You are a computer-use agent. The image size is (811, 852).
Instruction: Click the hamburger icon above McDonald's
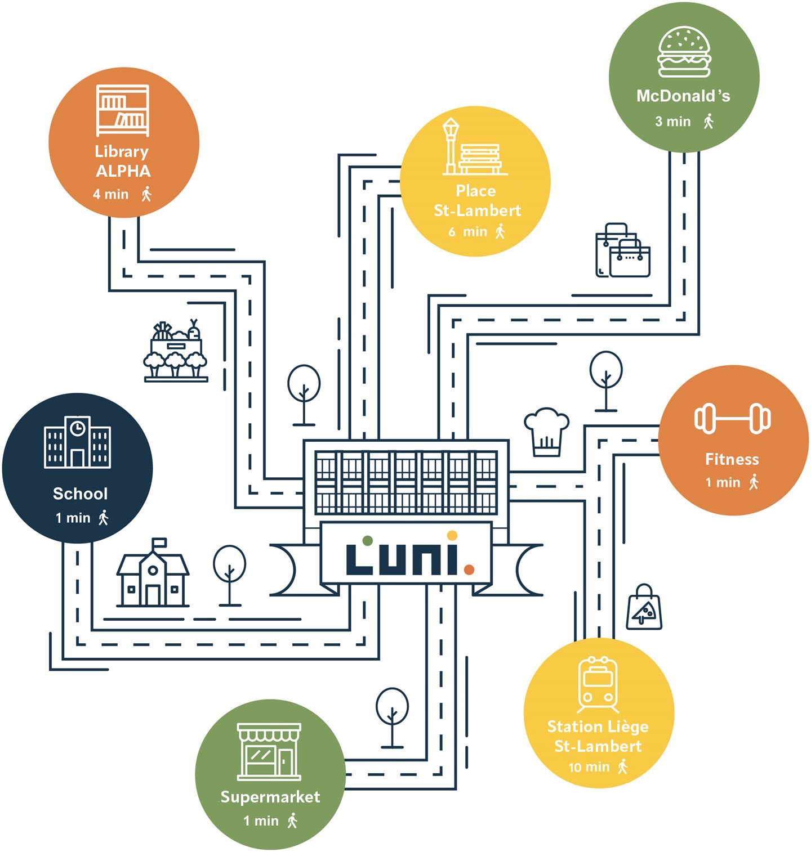[x=684, y=52]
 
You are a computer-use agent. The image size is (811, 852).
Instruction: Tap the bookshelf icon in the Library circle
[x=123, y=110]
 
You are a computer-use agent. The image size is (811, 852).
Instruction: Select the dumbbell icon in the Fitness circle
[x=732, y=418]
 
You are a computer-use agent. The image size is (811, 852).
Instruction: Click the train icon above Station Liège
[x=598, y=684]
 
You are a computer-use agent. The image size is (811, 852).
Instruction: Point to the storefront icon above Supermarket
[x=269, y=752]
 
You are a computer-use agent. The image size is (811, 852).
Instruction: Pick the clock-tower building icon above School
[x=77, y=442]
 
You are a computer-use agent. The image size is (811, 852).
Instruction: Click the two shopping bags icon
[x=623, y=250]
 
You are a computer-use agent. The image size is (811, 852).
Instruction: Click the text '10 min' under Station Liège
[x=589, y=767]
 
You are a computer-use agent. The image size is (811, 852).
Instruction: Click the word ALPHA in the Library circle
[x=123, y=171]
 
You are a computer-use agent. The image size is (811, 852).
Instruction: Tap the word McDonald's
[x=683, y=96]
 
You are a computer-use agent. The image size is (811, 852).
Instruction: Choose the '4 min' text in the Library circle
[x=110, y=194]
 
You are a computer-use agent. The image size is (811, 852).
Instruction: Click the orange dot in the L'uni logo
[x=469, y=570]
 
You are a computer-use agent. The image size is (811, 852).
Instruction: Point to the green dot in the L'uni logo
[x=367, y=541]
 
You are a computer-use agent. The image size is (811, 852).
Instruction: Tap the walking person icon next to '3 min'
[x=708, y=121]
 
